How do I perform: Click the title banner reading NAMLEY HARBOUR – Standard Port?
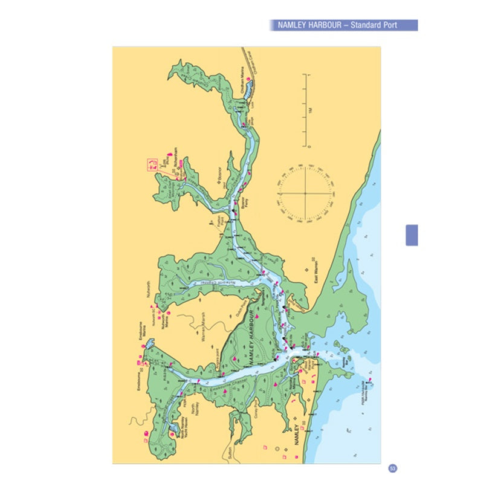pos(343,25)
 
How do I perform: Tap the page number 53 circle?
pos(392,468)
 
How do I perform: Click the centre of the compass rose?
pos(305,193)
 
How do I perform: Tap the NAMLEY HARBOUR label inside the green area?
pos(254,336)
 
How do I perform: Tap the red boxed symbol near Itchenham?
pos(152,163)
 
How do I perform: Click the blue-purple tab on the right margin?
pos(412,235)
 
